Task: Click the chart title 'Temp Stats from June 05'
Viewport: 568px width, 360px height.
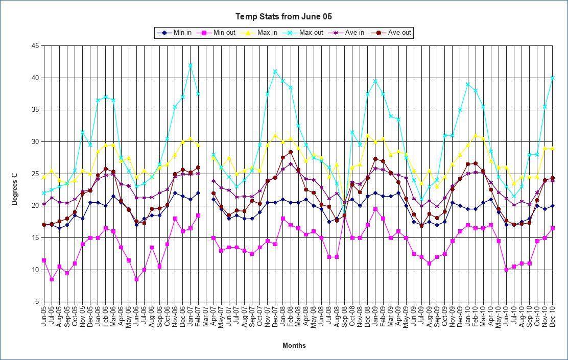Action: [x=283, y=17]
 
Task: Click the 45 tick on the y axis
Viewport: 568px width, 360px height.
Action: [x=35, y=46]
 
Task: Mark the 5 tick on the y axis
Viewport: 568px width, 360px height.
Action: [x=37, y=302]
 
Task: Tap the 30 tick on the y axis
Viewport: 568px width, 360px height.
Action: [x=35, y=142]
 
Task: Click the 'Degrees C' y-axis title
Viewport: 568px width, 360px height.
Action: [x=15, y=189]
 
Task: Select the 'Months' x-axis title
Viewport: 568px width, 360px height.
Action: [x=294, y=345]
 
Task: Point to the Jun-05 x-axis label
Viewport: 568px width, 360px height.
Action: [x=44, y=317]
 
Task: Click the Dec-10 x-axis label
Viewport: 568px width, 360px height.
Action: [x=553, y=317]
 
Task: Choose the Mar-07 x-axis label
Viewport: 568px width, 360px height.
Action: [x=205, y=317]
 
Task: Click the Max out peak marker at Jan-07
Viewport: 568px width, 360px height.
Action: [x=190, y=65]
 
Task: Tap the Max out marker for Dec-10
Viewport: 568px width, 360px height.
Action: [x=553, y=78]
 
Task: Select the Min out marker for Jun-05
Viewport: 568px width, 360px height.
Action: [x=44, y=260]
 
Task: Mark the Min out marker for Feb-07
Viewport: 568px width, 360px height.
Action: [x=198, y=215]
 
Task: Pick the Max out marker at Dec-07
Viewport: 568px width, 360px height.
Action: [x=275, y=71]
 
